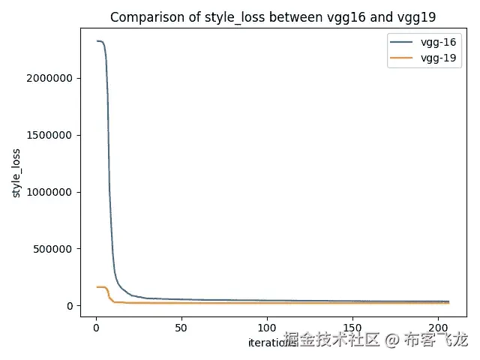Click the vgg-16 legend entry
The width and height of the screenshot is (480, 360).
pyautogui.click(x=439, y=42)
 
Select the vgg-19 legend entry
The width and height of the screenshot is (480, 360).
pyautogui.click(x=439, y=58)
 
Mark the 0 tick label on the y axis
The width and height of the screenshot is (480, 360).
pyautogui.click(x=70, y=306)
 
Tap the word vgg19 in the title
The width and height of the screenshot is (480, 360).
pyautogui.click(x=393, y=17)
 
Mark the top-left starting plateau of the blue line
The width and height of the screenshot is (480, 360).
pyautogui.click(x=99, y=41)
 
